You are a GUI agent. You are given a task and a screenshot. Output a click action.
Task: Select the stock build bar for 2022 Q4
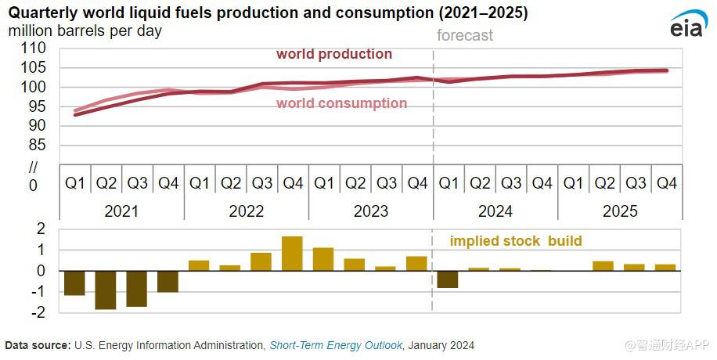click(292, 254)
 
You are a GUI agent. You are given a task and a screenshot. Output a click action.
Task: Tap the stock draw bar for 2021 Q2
click(106, 290)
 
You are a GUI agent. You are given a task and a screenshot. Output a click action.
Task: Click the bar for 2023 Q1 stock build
click(323, 259)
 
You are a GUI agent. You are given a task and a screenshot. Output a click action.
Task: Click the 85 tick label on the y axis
click(38, 146)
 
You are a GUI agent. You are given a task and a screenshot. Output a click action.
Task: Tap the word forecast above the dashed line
click(465, 35)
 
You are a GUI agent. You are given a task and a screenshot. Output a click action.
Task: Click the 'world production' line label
click(334, 54)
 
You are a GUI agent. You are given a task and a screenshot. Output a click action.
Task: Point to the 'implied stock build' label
click(515, 241)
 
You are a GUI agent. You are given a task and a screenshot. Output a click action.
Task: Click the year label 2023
click(371, 211)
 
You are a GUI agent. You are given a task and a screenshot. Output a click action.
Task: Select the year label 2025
click(620, 211)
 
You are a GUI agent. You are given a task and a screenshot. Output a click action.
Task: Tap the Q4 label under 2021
click(168, 183)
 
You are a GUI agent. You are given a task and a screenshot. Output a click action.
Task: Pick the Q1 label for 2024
click(449, 183)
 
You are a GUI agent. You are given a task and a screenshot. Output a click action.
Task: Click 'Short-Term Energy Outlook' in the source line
click(336, 345)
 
